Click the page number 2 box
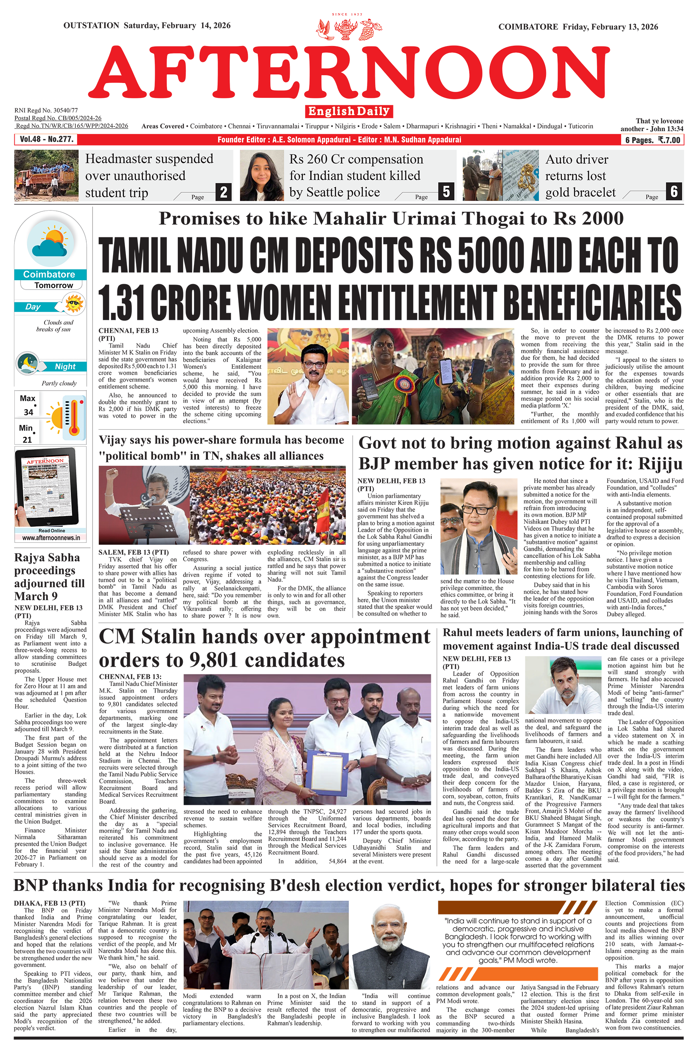click(223, 192)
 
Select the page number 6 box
click(674, 191)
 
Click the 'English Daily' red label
click(348, 111)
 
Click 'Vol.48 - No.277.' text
click(46, 139)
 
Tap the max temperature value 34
click(28, 412)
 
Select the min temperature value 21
click(27, 439)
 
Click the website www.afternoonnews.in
click(51, 538)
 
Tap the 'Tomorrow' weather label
click(54, 285)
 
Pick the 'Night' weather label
click(65, 367)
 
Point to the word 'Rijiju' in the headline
click(660, 463)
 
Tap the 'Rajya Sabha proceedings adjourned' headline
click(49, 576)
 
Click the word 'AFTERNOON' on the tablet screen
click(45, 461)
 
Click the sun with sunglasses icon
click(74, 304)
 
